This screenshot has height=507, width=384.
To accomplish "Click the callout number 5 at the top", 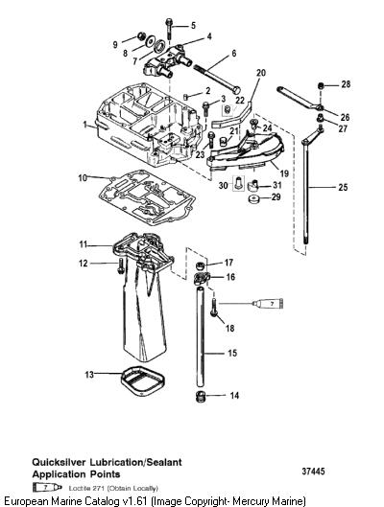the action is [193, 26].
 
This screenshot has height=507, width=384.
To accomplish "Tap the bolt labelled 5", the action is [169, 29].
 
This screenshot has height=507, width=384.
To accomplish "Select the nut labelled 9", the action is [141, 35].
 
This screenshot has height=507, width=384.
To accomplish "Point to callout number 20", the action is [261, 73].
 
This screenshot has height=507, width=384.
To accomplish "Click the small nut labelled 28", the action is [321, 86].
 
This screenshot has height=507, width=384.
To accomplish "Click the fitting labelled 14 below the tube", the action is [201, 397].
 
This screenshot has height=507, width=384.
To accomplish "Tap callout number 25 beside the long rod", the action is [343, 187].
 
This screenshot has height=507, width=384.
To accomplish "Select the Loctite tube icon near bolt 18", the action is [268, 303].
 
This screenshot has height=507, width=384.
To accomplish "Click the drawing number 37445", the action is [313, 472].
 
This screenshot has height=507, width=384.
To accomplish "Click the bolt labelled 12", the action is [120, 266].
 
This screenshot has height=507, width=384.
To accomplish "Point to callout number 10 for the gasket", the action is [83, 178].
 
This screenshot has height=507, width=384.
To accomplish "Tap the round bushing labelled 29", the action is [254, 198].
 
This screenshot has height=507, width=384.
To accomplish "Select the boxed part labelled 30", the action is [239, 183].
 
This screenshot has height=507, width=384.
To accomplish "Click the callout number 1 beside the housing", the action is [85, 125].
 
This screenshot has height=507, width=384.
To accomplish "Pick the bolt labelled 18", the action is [214, 308].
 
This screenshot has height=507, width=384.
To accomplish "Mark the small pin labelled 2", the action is [186, 97].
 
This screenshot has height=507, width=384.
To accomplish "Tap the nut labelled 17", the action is [201, 266].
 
